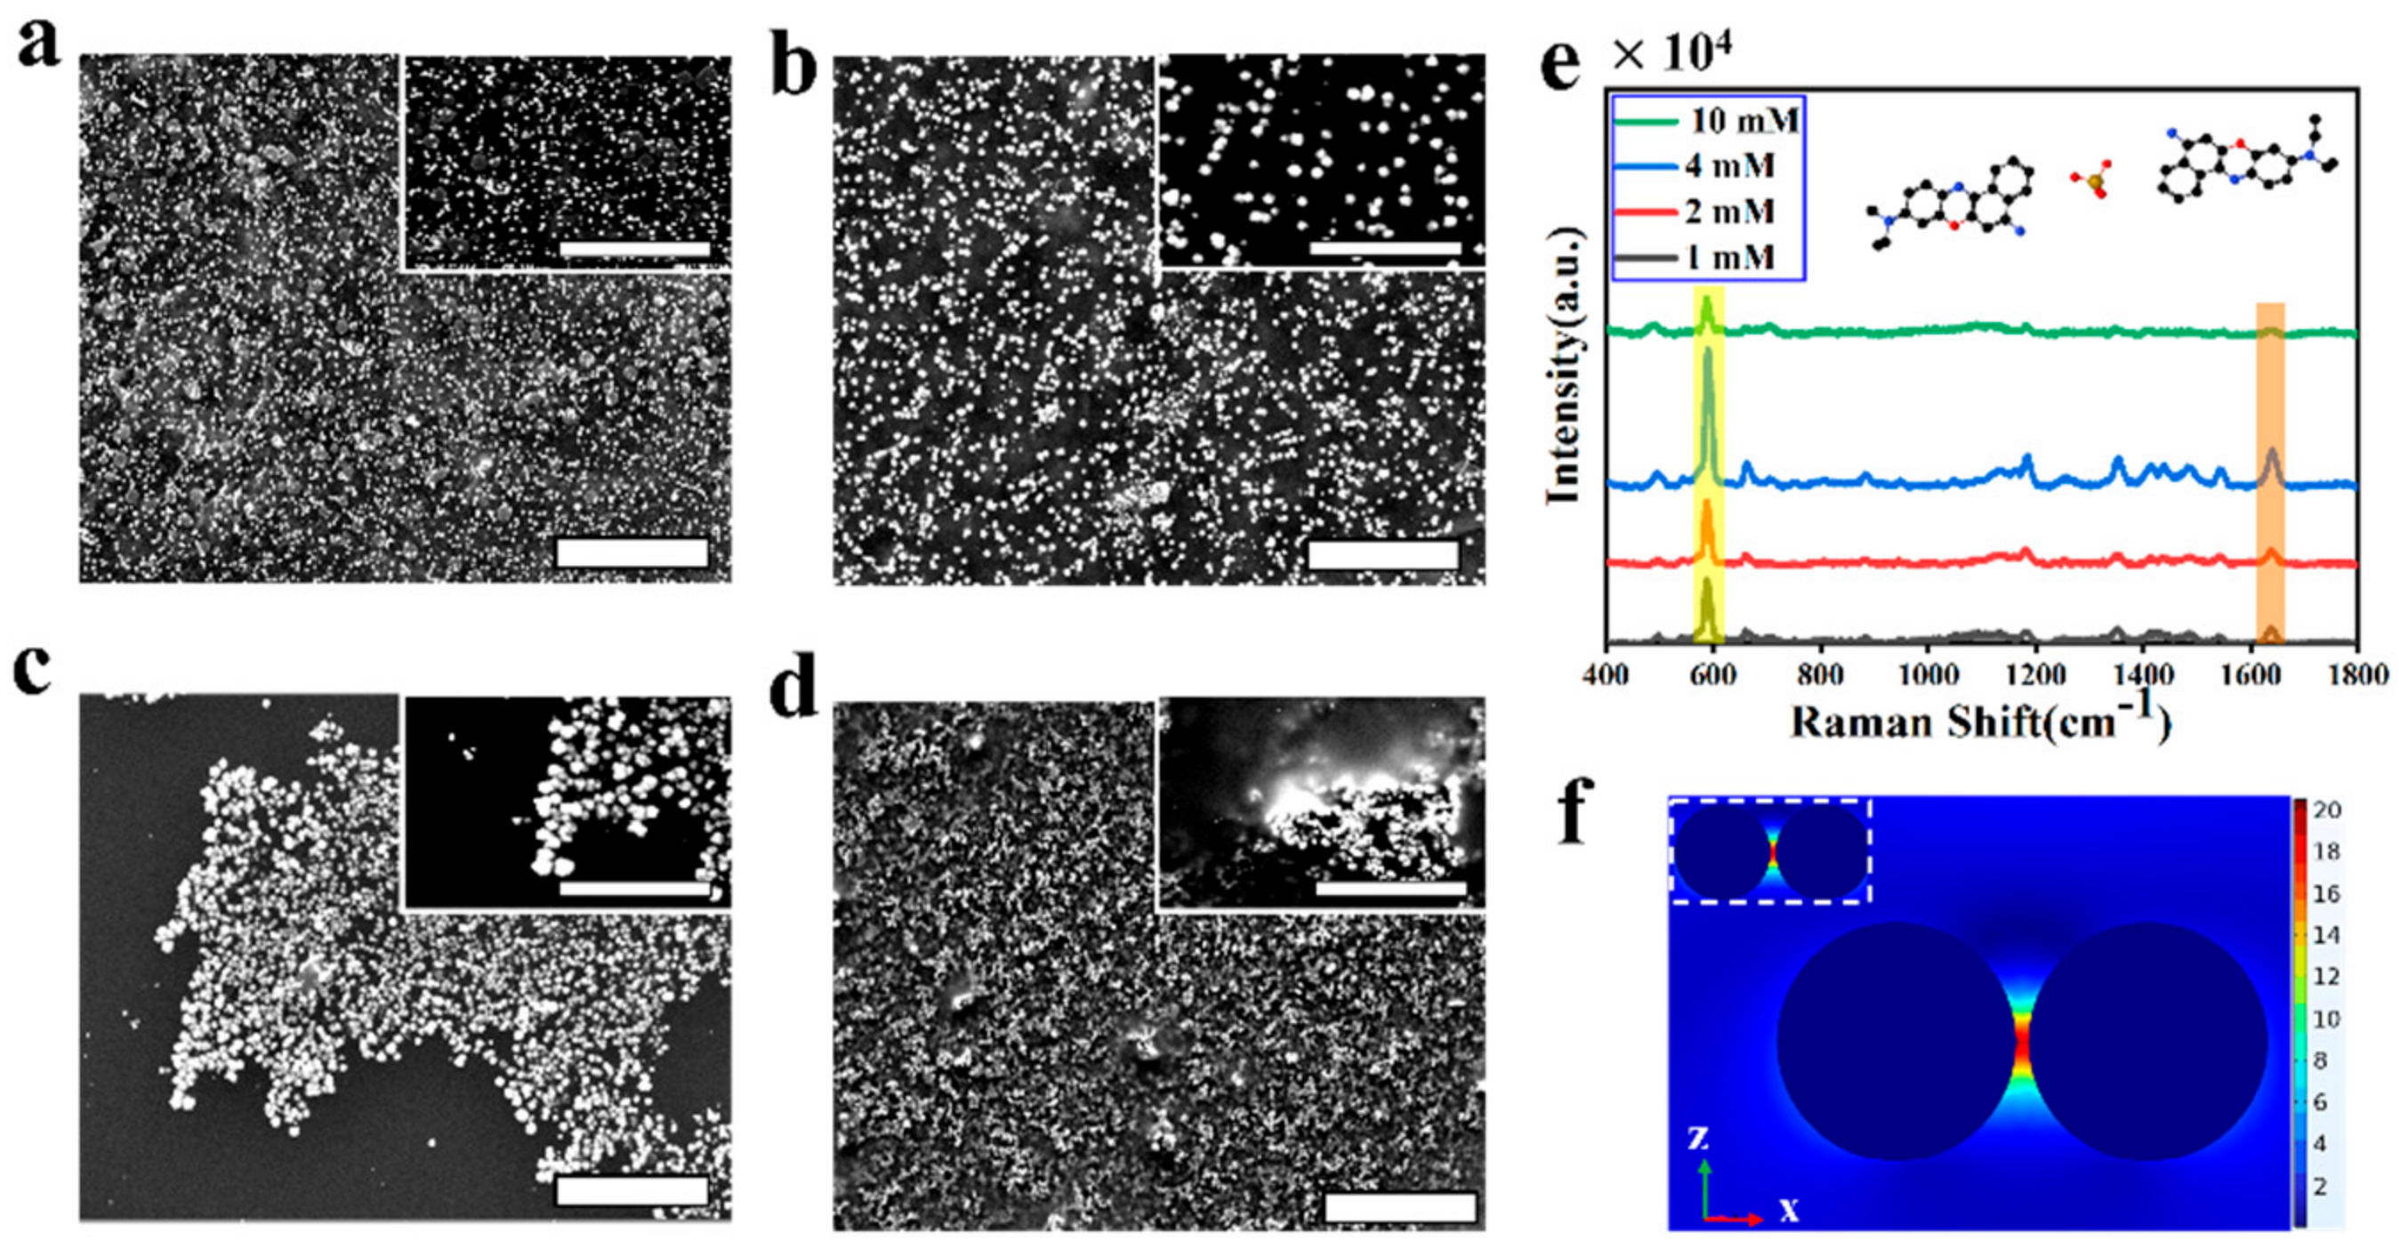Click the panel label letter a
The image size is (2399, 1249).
tap(37, 44)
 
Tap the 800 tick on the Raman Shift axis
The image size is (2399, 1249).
tap(1820, 673)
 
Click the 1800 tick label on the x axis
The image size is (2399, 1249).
tap(2356, 673)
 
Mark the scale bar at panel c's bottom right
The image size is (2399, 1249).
tap(632, 1190)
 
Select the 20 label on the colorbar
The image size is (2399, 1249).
tap(2326, 810)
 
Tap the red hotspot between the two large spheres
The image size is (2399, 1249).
tap(2023, 1043)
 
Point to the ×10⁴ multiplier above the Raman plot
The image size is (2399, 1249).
tap(1671, 56)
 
